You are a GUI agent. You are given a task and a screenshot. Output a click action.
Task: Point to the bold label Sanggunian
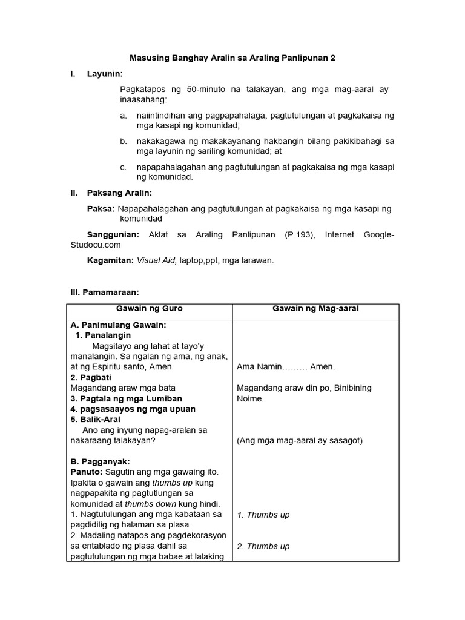(113, 234)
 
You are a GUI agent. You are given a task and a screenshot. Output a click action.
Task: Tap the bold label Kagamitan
(110, 260)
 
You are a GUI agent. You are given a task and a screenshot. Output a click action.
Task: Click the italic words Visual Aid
(157, 260)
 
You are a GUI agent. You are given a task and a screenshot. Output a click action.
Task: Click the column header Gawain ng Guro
(150, 309)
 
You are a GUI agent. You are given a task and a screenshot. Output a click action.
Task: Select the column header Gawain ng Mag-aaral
(315, 309)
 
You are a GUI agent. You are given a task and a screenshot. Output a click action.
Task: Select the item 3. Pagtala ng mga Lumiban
(126, 398)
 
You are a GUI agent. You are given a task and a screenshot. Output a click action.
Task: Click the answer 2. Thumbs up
(263, 546)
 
